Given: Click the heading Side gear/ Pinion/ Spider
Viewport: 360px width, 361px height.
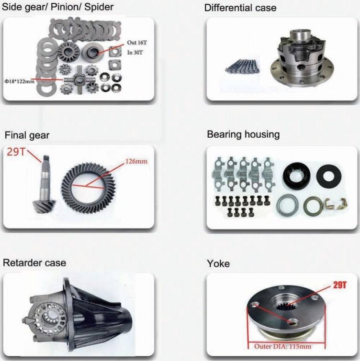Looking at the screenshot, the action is [58, 7].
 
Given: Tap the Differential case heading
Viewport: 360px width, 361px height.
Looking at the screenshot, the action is [240, 8].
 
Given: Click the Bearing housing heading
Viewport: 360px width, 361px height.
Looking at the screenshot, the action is [243, 134].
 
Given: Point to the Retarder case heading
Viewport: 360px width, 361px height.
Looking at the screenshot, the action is [34, 263].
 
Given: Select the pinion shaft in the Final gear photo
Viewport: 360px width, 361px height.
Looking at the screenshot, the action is [44, 184].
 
